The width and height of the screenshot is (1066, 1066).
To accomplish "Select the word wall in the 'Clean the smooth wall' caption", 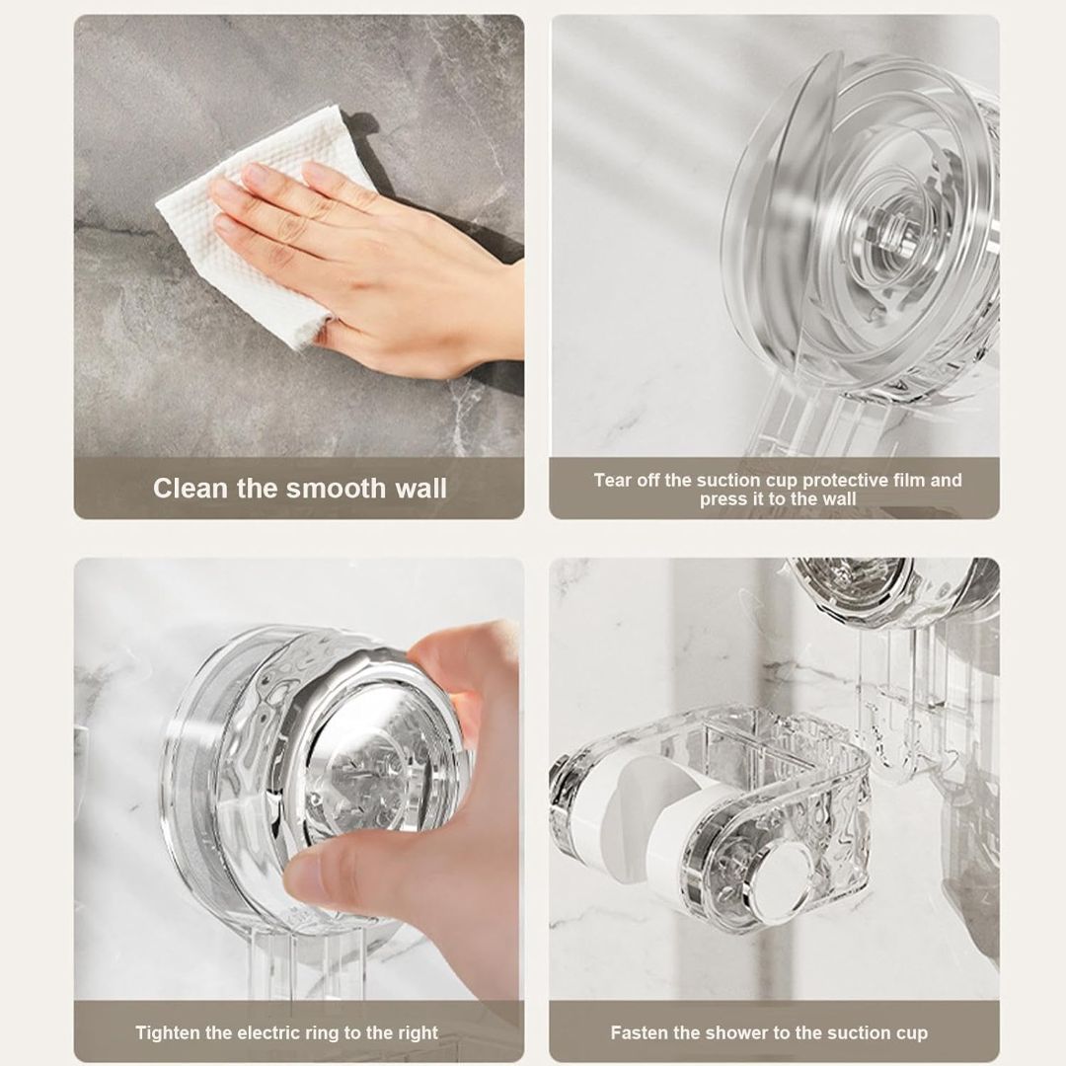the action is coord(421,489).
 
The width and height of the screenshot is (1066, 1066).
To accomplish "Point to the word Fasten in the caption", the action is coord(637,1032).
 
